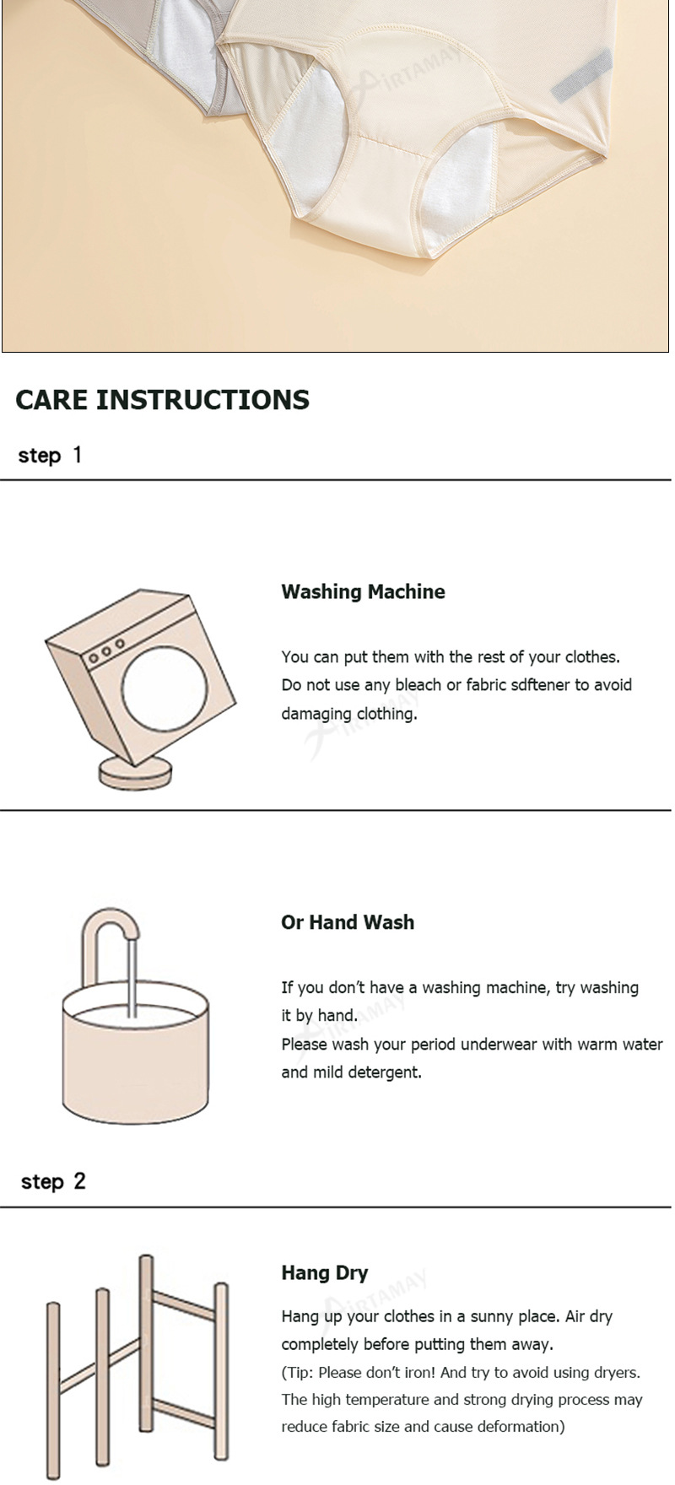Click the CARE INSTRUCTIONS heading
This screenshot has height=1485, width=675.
(162, 399)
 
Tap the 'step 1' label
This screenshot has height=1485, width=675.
(51, 456)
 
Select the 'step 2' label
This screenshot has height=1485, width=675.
(53, 1181)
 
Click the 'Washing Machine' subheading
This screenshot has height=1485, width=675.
(363, 591)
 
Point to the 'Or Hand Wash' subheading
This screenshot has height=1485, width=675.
(348, 922)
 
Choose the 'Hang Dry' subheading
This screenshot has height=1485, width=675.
(324, 1273)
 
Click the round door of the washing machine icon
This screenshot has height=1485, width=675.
(164, 684)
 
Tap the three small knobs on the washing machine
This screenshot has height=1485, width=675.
(107, 651)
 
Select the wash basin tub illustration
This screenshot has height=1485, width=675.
(135, 1055)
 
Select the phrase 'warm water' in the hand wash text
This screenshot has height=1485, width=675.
(620, 1045)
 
